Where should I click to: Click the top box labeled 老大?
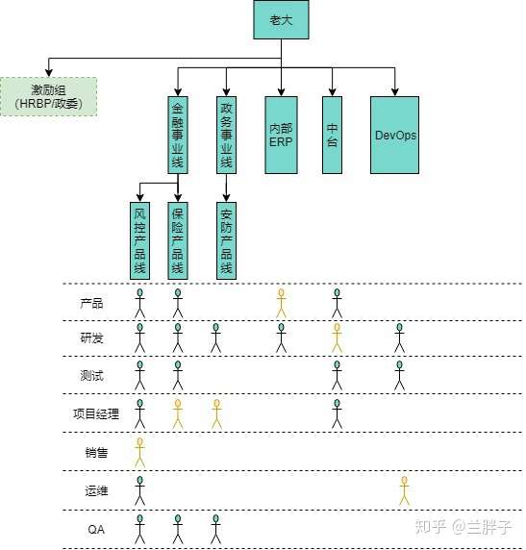pyautogui.click(x=281, y=19)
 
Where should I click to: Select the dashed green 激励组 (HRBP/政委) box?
pyautogui.click(x=48, y=97)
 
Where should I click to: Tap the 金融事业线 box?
pyautogui.click(x=178, y=135)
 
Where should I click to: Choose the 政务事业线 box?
pyautogui.click(x=226, y=135)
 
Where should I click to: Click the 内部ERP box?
pyautogui.click(x=281, y=135)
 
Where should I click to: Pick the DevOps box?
pyautogui.click(x=395, y=135)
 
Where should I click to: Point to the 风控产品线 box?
pyautogui.click(x=139, y=240)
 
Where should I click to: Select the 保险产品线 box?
pyautogui.click(x=178, y=240)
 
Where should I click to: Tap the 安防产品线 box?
pyautogui.click(x=226, y=240)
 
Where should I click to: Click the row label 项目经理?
pyautogui.click(x=96, y=413)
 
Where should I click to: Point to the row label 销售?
pyautogui.click(x=96, y=453)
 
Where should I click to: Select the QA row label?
pyautogui.click(x=96, y=529)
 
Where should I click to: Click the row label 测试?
pyautogui.click(x=91, y=376)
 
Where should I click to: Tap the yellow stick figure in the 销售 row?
pyautogui.click(x=139, y=453)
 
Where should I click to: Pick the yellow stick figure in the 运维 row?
pyautogui.click(x=404, y=490)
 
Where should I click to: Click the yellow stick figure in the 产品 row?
pyautogui.click(x=281, y=304)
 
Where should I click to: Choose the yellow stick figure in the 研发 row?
pyautogui.click(x=337, y=338)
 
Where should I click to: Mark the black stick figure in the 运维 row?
pyautogui.click(x=139, y=490)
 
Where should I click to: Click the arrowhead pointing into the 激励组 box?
pyautogui.click(x=49, y=73)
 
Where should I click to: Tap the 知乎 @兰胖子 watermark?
pyautogui.click(x=463, y=527)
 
